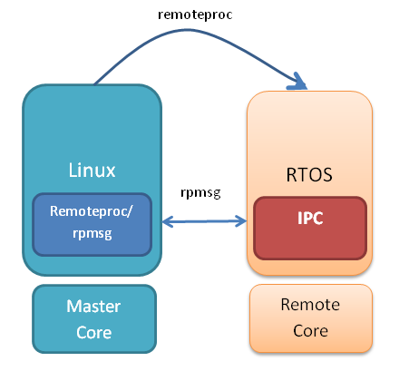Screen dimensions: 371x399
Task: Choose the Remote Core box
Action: point(310,317)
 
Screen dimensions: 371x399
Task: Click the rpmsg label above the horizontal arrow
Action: point(200,193)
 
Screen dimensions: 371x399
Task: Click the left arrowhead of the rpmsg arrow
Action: point(165,220)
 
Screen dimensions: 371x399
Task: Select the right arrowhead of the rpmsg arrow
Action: point(243,220)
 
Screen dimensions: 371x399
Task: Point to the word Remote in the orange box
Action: point(310,306)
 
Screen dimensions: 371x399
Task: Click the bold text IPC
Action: point(310,220)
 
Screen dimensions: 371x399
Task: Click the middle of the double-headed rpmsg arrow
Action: point(204,220)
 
